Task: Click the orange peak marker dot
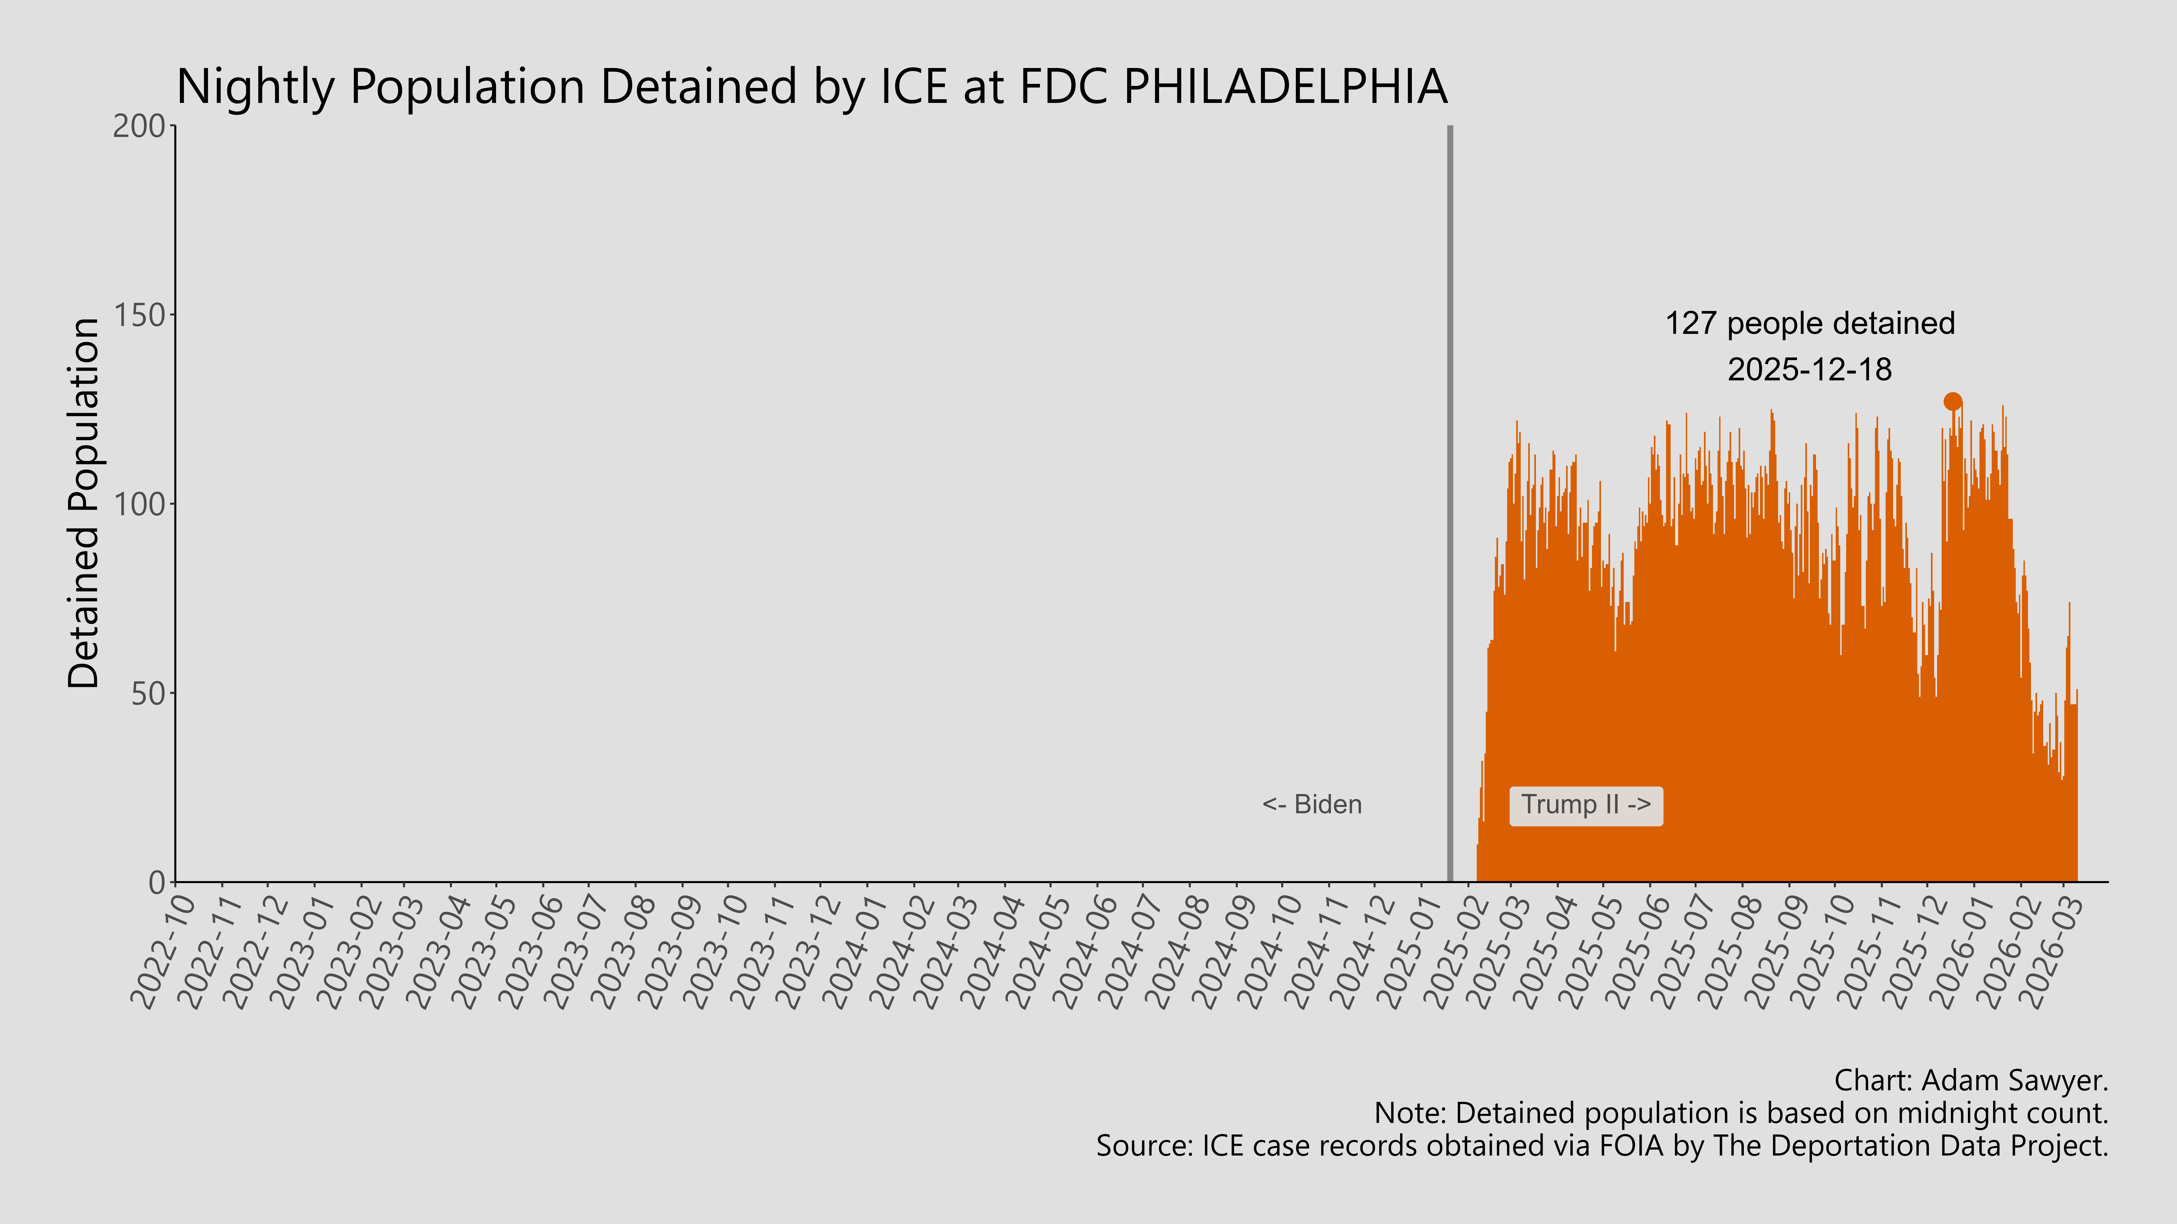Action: tap(1952, 401)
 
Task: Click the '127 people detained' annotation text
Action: tap(1809, 323)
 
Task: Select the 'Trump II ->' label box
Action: tap(1585, 805)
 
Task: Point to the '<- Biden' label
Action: tap(1312, 805)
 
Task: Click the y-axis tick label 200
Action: tap(139, 127)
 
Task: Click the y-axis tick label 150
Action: tap(139, 315)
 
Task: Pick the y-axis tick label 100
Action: tap(139, 504)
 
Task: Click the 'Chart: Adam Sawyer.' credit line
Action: tap(1971, 1080)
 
